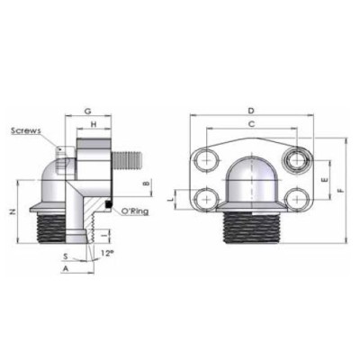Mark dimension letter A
pyautogui.click(x=65, y=268)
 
